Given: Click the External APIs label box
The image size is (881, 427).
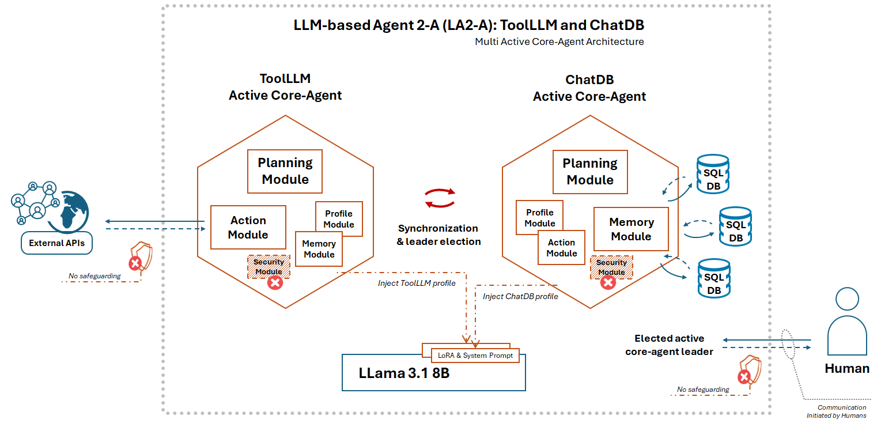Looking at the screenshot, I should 56,243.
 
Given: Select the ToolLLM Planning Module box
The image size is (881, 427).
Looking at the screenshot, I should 285,171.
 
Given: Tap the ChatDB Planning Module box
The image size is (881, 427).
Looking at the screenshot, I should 590,172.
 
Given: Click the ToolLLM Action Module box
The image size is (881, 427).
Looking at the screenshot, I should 248,227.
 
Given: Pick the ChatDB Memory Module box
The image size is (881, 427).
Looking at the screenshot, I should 631,229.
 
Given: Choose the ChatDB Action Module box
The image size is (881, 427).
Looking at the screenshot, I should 561,248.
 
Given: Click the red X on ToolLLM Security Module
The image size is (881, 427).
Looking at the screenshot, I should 276,282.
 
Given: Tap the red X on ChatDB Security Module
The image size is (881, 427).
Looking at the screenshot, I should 608,282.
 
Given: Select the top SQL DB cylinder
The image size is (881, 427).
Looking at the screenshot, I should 713,174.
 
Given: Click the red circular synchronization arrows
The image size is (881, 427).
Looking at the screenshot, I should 440,198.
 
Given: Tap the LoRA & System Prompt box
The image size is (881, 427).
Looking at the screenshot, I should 475,356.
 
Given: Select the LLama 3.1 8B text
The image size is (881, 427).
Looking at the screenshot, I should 403,373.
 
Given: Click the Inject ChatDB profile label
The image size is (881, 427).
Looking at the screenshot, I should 520,296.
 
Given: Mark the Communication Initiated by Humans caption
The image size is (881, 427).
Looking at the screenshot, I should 842,411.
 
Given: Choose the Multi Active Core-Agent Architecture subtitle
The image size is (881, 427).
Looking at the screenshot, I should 559,41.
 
